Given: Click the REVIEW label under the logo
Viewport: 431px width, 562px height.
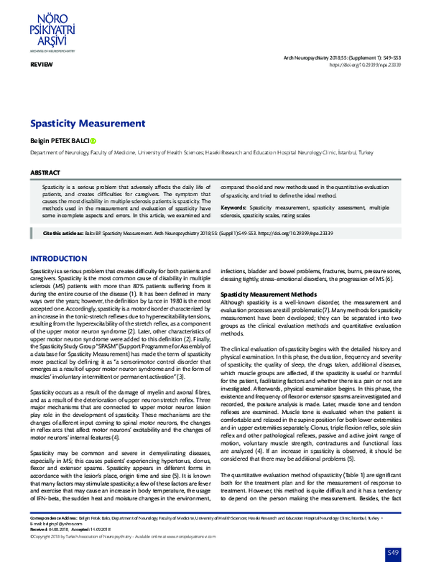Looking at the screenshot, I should (x=41, y=65).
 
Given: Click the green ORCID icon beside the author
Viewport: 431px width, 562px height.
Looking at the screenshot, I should (x=93, y=142).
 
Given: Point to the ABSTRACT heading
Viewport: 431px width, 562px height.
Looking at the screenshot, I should (x=45, y=173).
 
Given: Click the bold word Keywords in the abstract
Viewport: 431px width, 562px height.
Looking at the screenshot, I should (x=233, y=207).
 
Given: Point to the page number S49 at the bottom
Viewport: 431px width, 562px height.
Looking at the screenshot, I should (x=392, y=551).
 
